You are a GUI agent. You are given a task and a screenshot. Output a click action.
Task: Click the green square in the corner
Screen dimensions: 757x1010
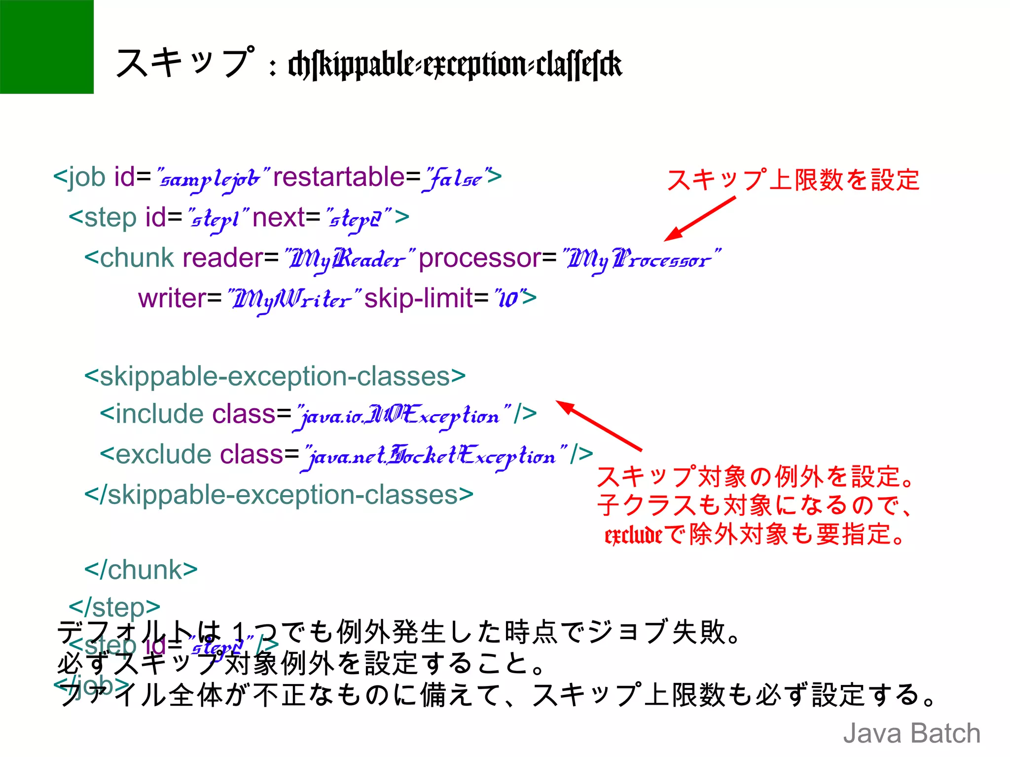(46, 46)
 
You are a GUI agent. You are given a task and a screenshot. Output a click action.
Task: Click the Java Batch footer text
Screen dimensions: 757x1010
(911, 733)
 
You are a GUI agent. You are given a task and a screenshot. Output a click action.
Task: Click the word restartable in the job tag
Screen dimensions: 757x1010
(339, 177)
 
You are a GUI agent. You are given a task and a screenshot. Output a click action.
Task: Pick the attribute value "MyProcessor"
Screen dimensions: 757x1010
(641, 259)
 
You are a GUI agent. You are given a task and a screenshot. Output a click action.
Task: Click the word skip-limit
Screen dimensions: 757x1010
(419, 298)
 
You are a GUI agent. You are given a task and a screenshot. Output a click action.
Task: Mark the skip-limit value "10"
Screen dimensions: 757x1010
(508, 298)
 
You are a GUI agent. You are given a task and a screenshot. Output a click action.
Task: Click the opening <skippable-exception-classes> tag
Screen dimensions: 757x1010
(275, 376)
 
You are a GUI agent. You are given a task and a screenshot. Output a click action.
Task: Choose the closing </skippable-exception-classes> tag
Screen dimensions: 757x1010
(279, 495)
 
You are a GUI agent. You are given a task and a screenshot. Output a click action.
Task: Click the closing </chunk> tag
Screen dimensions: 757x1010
(141, 570)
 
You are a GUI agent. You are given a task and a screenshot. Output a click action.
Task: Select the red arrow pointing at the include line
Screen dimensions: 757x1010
(599, 425)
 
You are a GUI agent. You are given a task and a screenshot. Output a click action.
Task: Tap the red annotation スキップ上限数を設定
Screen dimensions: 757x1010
(793, 180)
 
